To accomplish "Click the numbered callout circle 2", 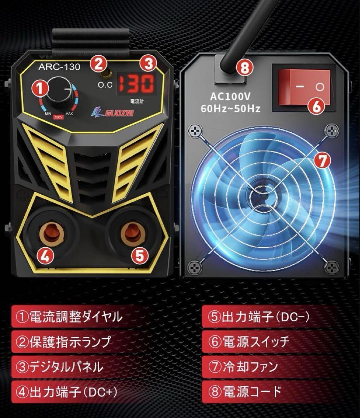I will [x=97, y=63].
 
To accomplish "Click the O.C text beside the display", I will [x=105, y=85].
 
